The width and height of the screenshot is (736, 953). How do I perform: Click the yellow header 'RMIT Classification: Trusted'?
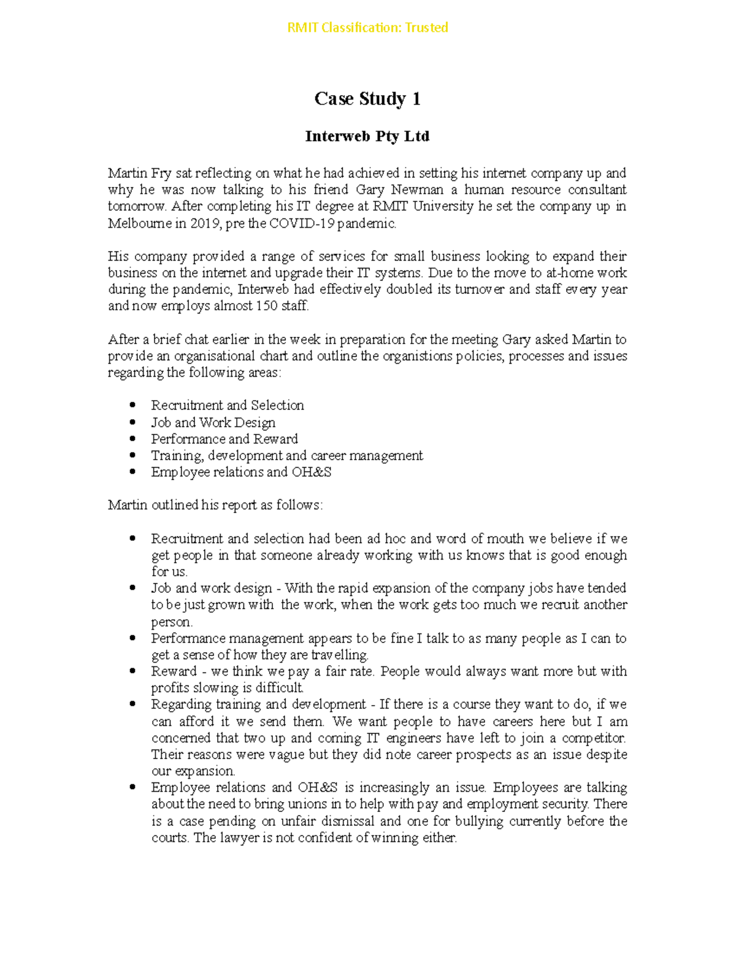tap(367, 28)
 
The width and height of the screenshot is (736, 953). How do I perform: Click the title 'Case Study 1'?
tap(367, 99)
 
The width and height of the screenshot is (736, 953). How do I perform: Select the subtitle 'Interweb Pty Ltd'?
tap(367, 136)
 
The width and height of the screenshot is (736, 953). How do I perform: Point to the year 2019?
tap(204, 223)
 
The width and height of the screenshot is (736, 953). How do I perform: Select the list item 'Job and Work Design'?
tap(213, 422)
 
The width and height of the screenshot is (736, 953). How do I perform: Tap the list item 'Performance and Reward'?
tap(224, 439)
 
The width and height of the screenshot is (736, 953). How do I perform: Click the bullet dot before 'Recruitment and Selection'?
tap(132, 405)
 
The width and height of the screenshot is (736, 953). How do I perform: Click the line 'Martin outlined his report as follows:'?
tap(215, 505)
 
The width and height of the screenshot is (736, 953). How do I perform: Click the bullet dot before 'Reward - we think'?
tap(132, 671)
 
